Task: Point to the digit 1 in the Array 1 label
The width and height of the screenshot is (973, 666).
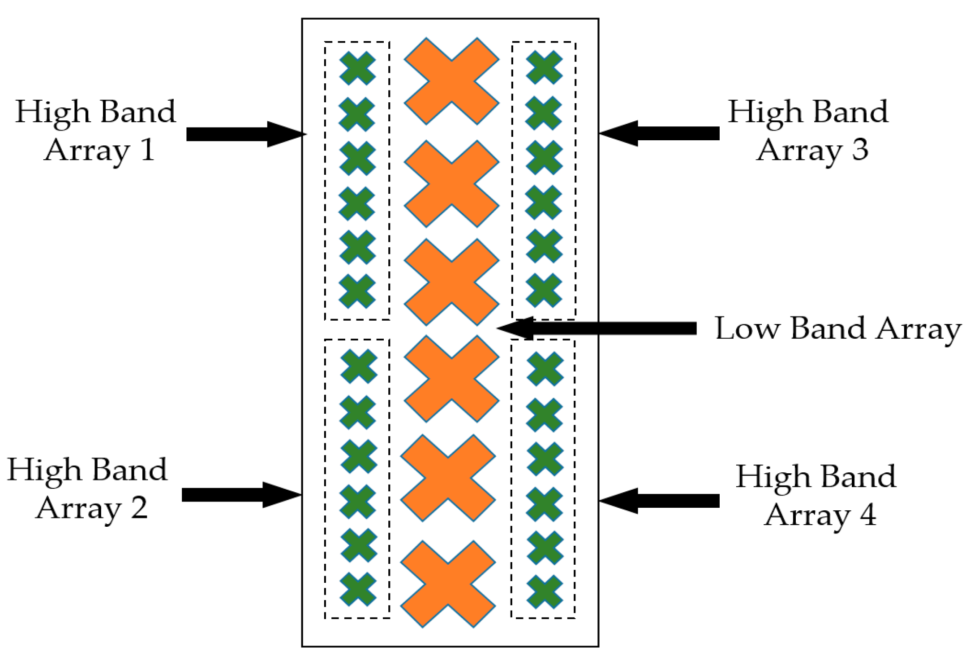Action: (147, 150)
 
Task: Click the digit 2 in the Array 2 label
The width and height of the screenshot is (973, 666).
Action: (139, 508)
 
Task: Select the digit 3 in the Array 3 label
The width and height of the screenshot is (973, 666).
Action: (860, 150)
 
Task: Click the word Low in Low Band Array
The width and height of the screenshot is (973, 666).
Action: (746, 329)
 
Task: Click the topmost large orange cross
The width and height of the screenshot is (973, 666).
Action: (452, 81)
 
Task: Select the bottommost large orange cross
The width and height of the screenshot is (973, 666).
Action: (448, 584)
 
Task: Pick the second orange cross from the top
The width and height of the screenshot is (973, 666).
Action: (452, 183)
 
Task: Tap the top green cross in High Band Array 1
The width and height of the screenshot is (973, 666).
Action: (358, 68)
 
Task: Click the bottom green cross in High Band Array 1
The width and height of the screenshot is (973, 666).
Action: (358, 291)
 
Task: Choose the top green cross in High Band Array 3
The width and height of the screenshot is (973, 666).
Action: (544, 67)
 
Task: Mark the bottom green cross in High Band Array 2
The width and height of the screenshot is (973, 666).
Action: (358, 589)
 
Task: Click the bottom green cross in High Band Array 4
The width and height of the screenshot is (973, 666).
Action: (545, 591)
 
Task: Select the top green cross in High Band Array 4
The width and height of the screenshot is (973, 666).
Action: (545, 368)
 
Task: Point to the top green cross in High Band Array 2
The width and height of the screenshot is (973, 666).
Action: (359, 366)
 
